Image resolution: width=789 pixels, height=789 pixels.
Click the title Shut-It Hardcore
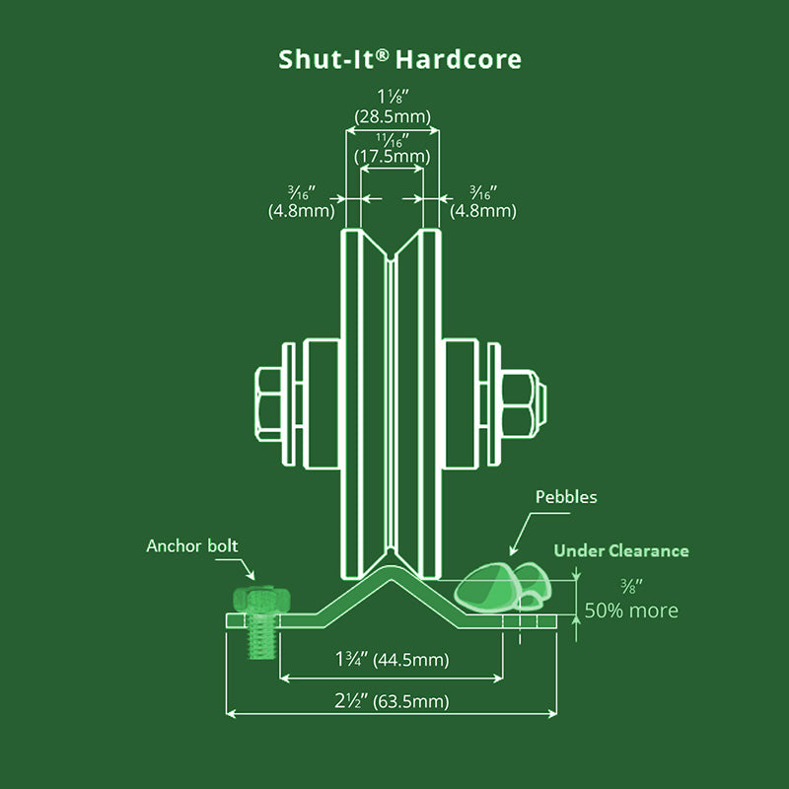[x=399, y=59]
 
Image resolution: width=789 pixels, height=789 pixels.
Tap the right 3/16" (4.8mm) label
[x=482, y=200]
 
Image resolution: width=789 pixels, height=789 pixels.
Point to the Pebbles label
[x=565, y=497]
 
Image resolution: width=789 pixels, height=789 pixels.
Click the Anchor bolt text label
[x=192, y=545]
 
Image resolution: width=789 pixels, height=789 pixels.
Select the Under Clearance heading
[x=620, y=550]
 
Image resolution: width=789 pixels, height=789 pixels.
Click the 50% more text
[x=632, y=610]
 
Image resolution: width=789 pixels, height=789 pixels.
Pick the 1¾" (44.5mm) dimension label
[x=391, y=660]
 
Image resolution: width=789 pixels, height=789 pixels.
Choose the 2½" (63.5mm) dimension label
[x=391, y=702]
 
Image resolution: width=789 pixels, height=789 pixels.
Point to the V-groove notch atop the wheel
[x=392, y=258]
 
